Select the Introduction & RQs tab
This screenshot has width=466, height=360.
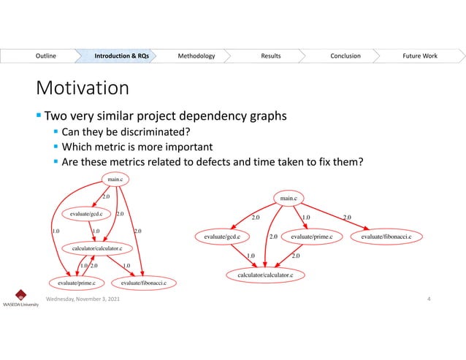tap(122, 55)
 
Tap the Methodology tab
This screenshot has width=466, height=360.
tap(196, 55)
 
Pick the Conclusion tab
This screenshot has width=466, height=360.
tap(345, 55)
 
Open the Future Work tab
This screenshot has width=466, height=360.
tap(419, 55)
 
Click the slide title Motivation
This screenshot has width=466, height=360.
tap(83, 88)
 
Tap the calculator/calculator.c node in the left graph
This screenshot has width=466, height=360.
tap(96, 249)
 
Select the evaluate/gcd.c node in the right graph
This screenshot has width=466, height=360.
tap(224, 237)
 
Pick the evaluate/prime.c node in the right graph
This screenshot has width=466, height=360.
tap(311, 237)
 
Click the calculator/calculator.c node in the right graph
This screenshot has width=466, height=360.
tap(264, 275)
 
